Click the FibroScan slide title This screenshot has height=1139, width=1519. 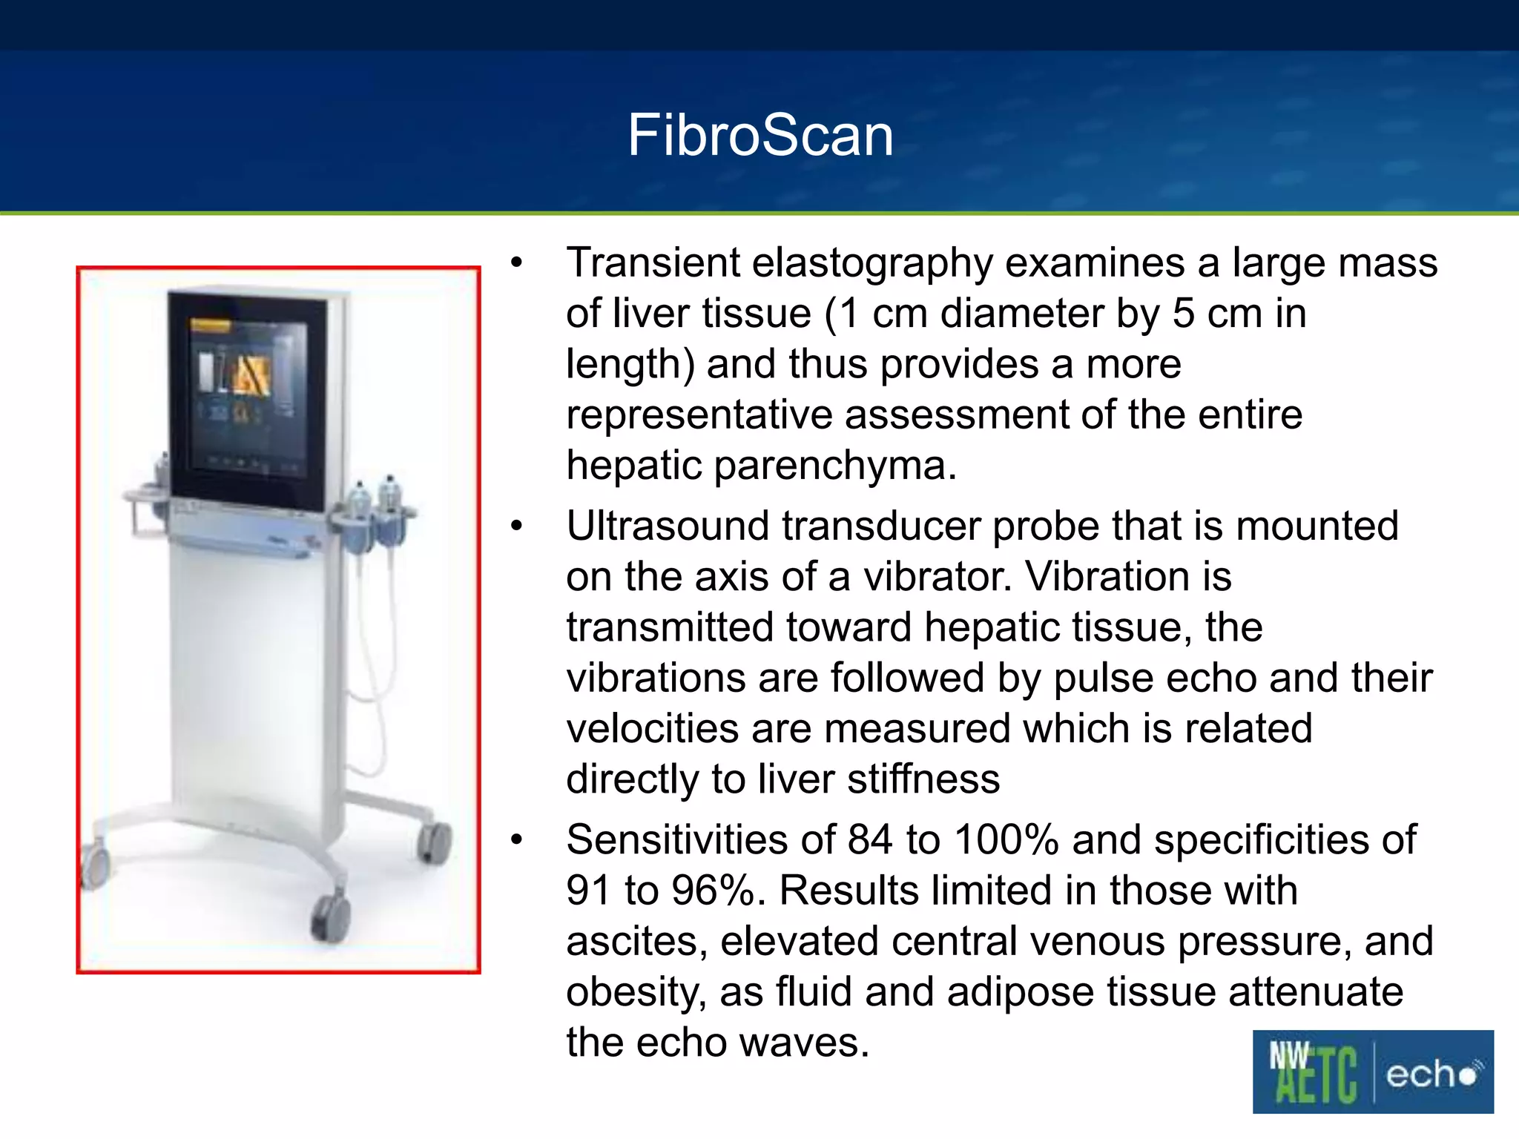point(759,136)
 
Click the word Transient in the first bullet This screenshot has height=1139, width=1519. point(653,263)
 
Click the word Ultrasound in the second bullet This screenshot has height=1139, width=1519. point(668,526)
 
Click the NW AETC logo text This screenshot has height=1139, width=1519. point(1313,1072)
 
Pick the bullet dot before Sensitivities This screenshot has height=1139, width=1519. point(517,840)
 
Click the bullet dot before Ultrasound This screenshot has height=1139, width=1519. point(517,526)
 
